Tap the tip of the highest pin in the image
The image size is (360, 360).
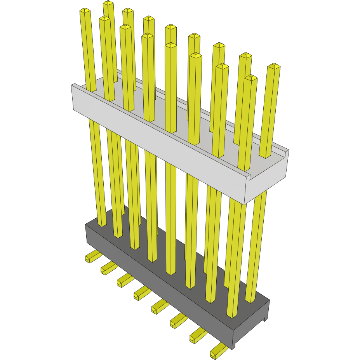coord(108,4)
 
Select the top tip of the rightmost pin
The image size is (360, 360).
coord(274,66)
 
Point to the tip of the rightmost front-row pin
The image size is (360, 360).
coord(251,78)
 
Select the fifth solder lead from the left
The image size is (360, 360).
coord(158,306)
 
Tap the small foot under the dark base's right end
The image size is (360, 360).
coord(265,320)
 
